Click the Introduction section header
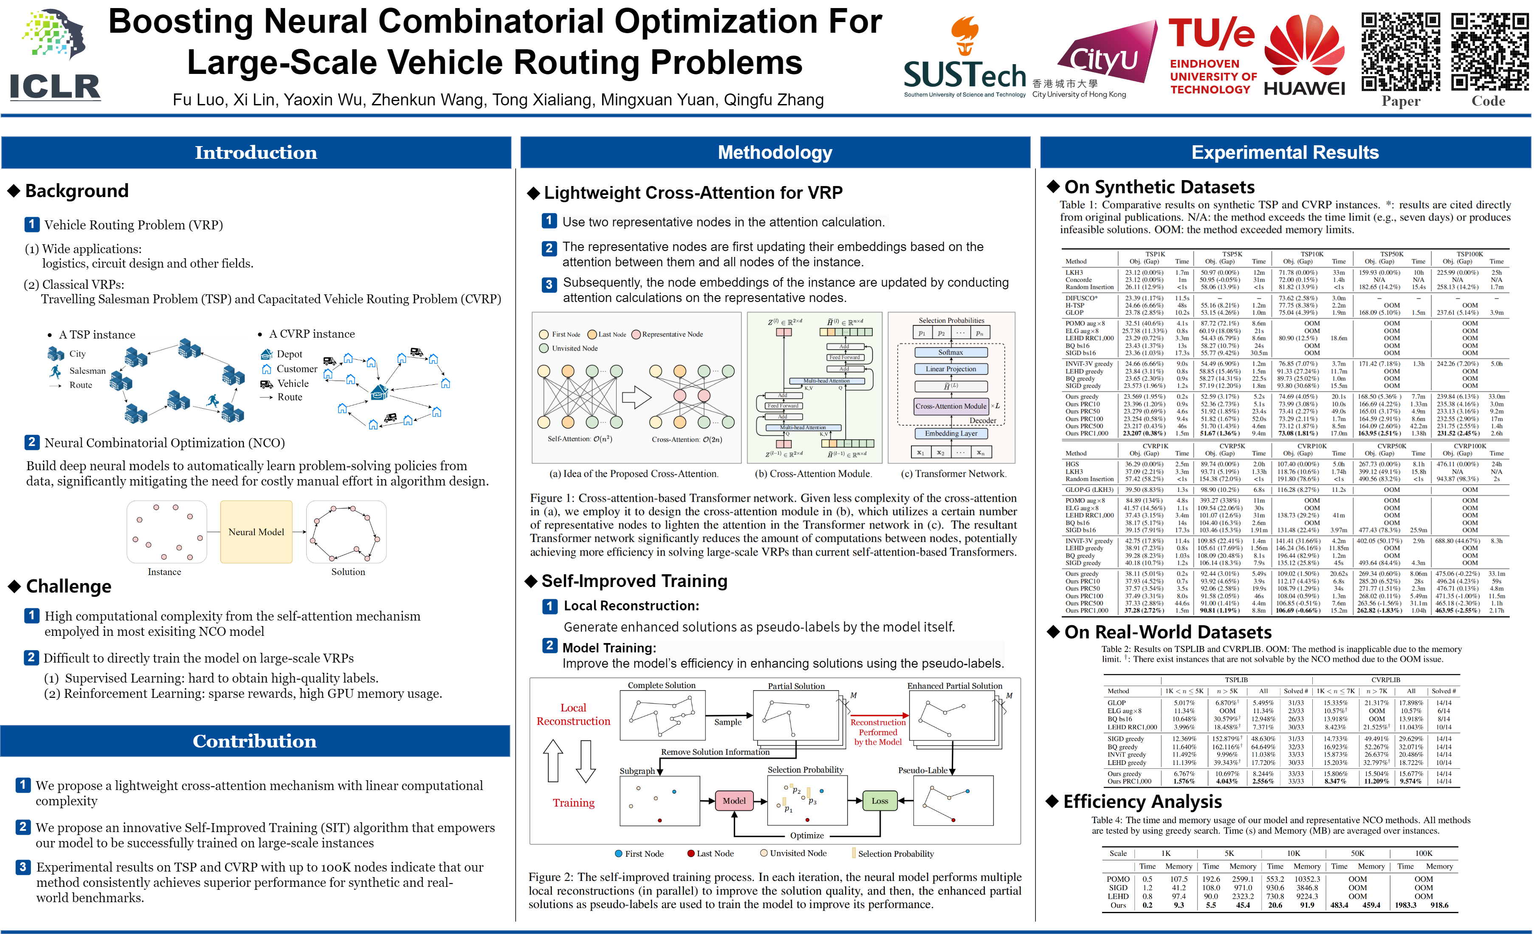256,152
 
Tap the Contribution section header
255,741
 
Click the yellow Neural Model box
256,532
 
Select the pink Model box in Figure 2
734,801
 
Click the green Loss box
880,801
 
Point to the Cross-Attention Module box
950,406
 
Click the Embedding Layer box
950,433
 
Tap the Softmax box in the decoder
950,353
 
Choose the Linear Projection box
950,369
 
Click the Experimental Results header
1285,152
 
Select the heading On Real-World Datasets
1167,632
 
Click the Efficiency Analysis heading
1142,801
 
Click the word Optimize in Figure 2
807,835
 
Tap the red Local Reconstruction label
573,714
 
